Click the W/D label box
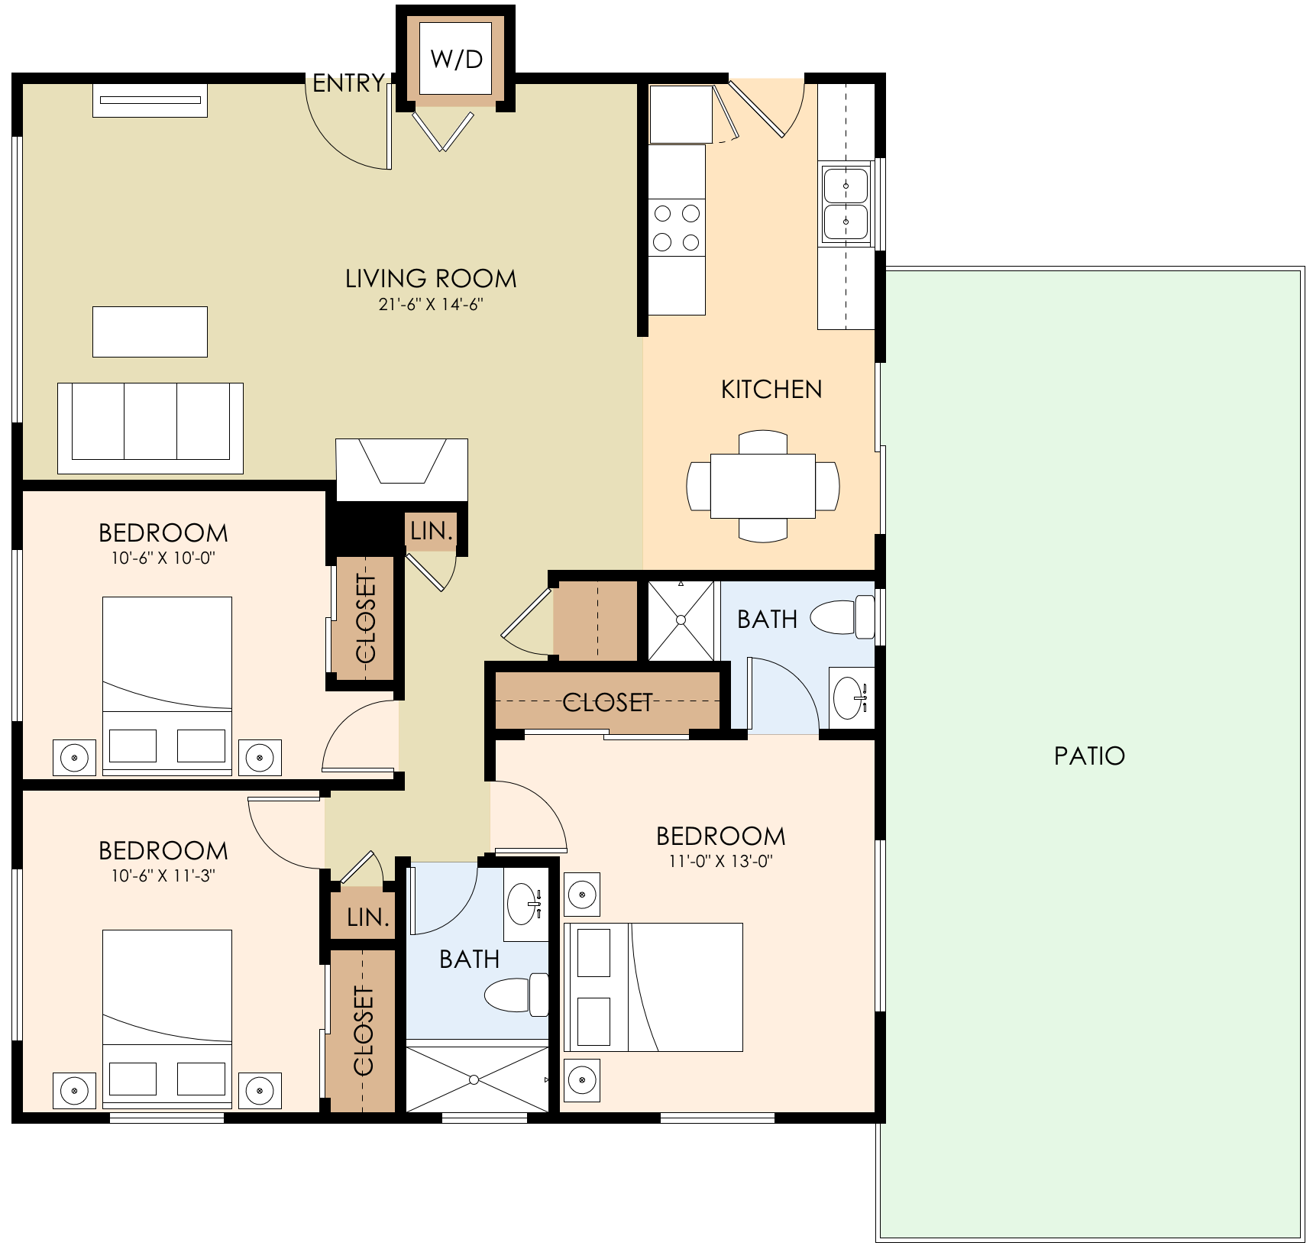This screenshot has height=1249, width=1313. point(456,59)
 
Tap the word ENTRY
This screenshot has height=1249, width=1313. point(348,83)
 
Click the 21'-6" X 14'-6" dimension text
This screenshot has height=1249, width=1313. point(431,304)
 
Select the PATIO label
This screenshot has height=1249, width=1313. point(1089,756)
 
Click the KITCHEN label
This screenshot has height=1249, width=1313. point(771,390)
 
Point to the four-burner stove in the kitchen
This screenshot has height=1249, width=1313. point(677,228)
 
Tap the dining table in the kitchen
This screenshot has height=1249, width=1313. point(763,486)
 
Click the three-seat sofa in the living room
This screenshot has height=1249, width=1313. point(150,428)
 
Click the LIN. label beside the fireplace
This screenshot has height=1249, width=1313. point(432,531)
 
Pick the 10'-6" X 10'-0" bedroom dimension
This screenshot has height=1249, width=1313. point(163,558)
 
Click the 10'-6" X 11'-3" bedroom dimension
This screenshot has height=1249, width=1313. point(163,875)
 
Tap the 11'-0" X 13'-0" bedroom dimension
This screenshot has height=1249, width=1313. point(720,861)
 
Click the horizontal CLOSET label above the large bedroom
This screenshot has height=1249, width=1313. point(607,702)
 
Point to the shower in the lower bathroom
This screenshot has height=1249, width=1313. point(475,1079)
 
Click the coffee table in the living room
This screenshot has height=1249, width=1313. point(150,332)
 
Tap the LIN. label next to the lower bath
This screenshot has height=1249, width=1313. point(367,917)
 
